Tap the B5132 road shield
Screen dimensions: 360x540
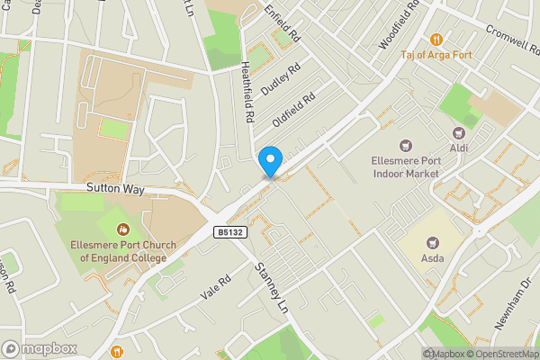pos(229,232)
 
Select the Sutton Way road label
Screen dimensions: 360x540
pos(115,190)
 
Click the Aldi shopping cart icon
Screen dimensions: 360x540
pos(459,133)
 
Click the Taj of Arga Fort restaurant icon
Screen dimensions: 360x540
pos(436,39)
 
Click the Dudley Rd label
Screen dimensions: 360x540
pos(279,80)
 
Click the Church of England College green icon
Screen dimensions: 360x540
pos(123,226)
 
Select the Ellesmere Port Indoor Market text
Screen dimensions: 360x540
pos(405,167)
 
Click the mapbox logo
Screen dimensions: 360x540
pos(38,348)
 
